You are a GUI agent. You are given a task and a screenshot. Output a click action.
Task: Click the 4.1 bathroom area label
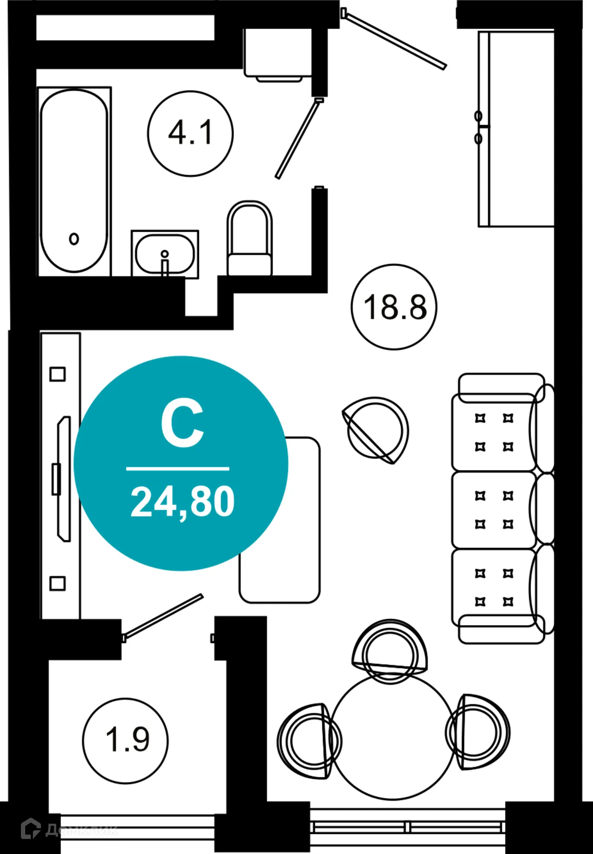click(190, 133)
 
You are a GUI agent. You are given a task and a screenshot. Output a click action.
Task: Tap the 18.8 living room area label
click(394, 307)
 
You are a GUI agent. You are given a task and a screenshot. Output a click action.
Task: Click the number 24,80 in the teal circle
click(182, 502)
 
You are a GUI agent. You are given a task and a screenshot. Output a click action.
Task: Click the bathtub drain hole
click(74, 239)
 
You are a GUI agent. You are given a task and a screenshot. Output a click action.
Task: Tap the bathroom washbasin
click(165, 254)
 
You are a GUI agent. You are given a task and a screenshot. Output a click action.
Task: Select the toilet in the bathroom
click(250, 239)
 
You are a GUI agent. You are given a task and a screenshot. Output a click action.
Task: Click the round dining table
click(392, 738)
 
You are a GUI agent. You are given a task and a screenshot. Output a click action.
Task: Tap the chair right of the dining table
click(477, 731)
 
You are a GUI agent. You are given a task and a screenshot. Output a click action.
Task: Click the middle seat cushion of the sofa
click(494, 510)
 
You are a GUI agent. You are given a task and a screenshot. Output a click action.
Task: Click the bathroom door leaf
click(298, 138)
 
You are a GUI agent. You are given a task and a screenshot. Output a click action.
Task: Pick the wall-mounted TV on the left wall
click(64, 478)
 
